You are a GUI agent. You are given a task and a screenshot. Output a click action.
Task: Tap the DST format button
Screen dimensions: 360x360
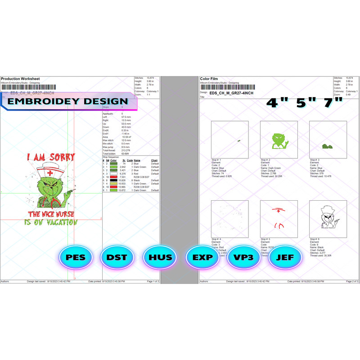[117, 258]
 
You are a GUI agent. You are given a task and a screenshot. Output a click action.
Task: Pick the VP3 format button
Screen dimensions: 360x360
[243, 258]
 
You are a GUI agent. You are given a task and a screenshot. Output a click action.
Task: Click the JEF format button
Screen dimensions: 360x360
[285, 258]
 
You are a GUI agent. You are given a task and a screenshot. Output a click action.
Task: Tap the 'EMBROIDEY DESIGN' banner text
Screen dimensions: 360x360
[68, 102]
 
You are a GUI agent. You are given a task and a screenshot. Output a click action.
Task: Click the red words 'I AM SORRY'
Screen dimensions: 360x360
[50, 157]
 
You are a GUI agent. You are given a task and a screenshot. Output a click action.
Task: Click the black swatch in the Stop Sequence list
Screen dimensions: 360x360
[113, 180]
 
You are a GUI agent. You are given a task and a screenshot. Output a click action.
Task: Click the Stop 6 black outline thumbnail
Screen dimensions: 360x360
[328, 219]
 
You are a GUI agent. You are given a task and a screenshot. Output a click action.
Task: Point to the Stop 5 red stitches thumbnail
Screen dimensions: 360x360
[279, 219]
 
